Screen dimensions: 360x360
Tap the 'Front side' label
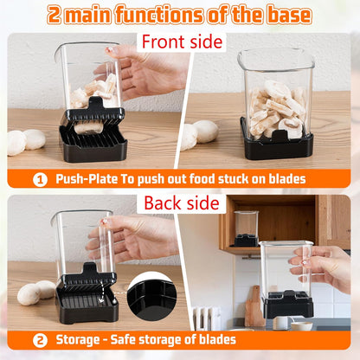point(182,42)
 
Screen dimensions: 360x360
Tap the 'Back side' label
point(181,203)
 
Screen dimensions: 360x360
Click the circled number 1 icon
point(40,179)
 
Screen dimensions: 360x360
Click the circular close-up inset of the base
point(152,298)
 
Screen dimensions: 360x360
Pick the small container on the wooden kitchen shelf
point(247,228)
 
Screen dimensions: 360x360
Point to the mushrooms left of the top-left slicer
point(26,140)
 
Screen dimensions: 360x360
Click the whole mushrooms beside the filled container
point(199,134)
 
